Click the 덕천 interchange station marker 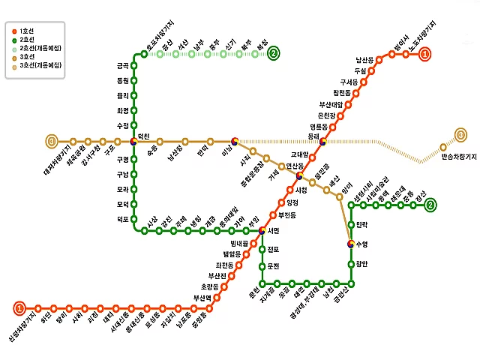point(134,140)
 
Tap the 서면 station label point(273,230)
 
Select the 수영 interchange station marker point(351,244)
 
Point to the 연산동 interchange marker point(299,176)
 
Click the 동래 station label point(313,136)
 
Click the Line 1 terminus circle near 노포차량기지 point(425,53)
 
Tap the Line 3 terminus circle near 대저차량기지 point(52,141)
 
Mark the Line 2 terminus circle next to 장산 point(430,205)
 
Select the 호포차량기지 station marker point(144,54)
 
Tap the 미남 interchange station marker point(235,140)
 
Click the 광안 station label point(362,264)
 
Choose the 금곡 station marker point(134,65)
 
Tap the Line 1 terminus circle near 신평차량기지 point(19,307)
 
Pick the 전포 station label point(272,249)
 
